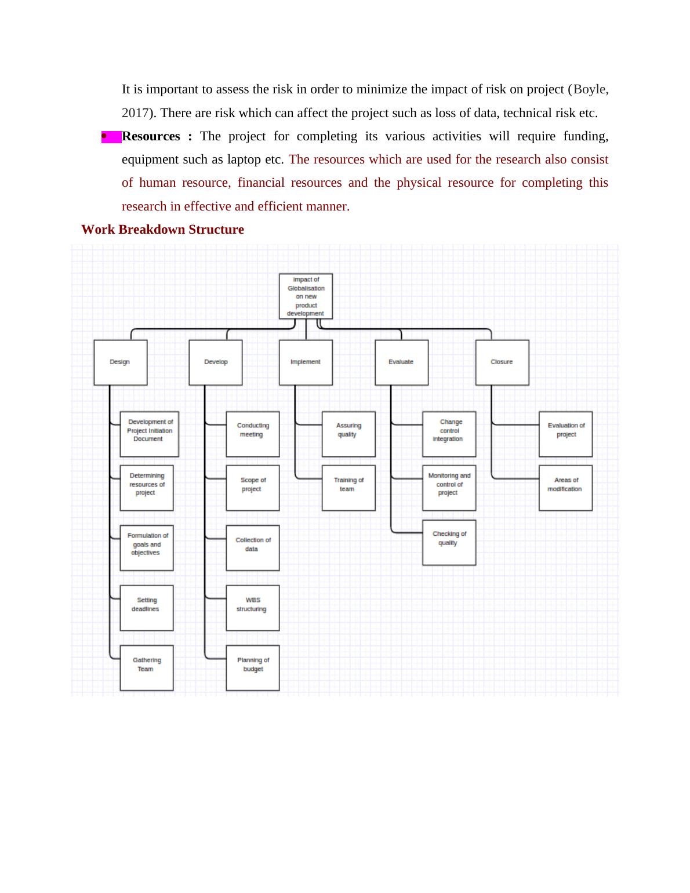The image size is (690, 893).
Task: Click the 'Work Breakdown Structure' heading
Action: click(162, 230)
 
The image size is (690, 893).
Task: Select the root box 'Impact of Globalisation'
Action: click(306, 296)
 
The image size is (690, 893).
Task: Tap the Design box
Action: click(120, 362)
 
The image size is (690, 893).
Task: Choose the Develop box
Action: click(215, 362)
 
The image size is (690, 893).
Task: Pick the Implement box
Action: click(306, 362)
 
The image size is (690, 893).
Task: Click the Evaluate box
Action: click(401, 362)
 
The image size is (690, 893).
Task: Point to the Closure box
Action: click(502, 362)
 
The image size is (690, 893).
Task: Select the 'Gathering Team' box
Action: click(146, 667)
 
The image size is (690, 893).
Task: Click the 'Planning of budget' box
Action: click(252, 667)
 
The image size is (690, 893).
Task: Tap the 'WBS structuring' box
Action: click(252, 607)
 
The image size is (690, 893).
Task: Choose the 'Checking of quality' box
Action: click(449, 542)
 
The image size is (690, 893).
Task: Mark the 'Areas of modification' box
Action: click(565, 488)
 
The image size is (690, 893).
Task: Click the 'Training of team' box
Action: click(348, 488)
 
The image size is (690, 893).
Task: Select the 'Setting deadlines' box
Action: click(146, 607)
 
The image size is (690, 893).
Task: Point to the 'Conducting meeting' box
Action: click(252, 434)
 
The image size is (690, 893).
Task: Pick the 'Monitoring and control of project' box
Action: click(449, 488)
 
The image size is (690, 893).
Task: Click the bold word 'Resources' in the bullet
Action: click(151, 136)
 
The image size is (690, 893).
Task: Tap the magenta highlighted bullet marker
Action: click(111, 137)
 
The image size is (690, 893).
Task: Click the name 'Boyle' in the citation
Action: click(590, 89)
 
